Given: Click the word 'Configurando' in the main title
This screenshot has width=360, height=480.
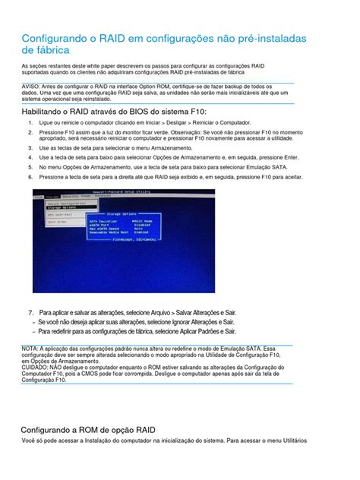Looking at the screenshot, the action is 62,36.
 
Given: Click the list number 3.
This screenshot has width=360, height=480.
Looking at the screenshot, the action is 31,148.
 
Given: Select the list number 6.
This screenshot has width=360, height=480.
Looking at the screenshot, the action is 31,176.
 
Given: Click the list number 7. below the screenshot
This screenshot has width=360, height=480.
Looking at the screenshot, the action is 31,312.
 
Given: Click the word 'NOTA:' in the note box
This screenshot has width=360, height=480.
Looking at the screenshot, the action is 31,348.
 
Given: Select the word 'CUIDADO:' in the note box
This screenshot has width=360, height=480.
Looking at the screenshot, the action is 37,368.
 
